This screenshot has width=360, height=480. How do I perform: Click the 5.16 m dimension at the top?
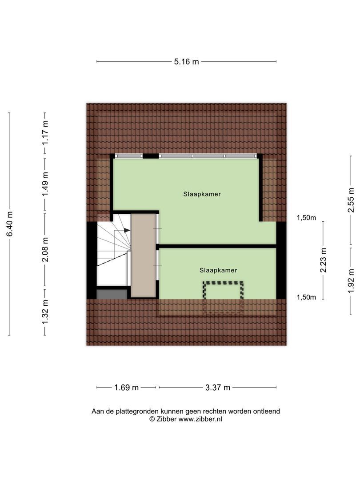click(186, 62)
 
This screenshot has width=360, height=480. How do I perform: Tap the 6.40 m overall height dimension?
click(9, 224)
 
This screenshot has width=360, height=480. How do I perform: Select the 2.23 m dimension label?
click(323, 260)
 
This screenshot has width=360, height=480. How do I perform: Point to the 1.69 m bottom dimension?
click(127, 388)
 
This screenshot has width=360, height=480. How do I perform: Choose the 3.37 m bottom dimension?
click(218, 388)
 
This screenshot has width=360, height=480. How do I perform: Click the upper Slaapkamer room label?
click(202, 194)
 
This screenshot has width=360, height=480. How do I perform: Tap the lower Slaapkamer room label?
click(218, 270)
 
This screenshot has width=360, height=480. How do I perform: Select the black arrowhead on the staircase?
click(127, 230)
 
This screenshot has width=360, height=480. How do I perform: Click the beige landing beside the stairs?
click(144, 255)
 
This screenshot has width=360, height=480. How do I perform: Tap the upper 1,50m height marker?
click(306, 217)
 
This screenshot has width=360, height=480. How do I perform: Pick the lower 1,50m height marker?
click(306, 297)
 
